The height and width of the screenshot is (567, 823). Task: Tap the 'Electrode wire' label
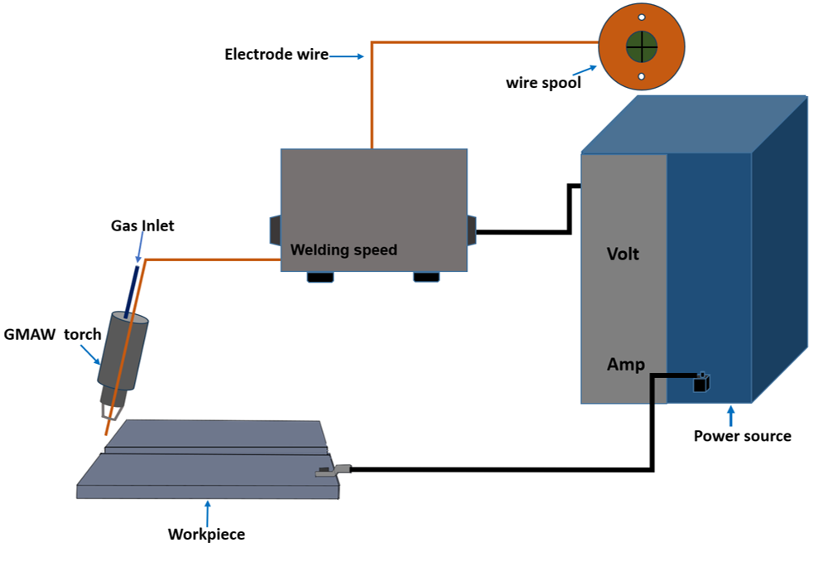point(276,55)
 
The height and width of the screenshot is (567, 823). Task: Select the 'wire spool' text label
point(543,83)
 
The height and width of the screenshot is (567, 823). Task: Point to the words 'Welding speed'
point(344,250)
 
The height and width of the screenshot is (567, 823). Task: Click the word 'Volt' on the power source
point(623,254)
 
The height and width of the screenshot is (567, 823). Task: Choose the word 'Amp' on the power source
point(625,364)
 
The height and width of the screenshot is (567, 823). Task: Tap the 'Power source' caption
point(742,436)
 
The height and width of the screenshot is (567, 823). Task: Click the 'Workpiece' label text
point(206,534)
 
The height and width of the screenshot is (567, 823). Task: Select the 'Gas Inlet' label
point(142,225)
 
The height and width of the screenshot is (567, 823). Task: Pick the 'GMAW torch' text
point(52,335)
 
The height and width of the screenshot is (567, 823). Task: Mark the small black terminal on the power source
point(702,382)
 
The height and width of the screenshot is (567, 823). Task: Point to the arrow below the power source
point(730,415)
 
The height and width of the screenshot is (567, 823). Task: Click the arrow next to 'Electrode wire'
point(348,56)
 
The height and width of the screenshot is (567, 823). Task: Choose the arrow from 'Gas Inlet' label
point(137,249)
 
